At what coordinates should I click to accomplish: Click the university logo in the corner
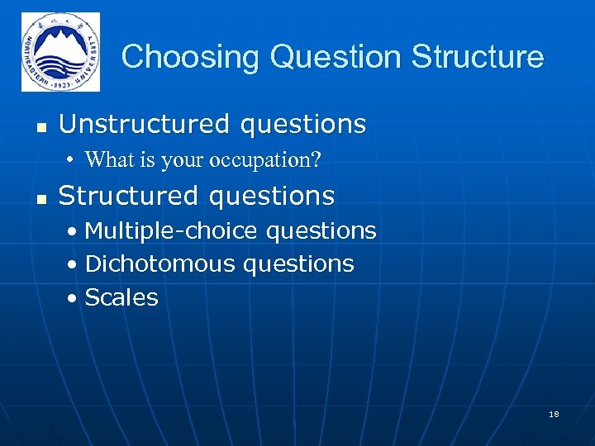click(x=60, y=52)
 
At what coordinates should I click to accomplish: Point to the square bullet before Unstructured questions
click(x=40, y=126)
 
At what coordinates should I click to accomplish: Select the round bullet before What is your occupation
click(x=73, y=160)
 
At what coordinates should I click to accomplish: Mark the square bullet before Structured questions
click(x=40, y=198)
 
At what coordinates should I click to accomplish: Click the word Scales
click(x=121, y=297)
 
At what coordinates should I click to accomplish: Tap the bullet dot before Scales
click(x=74, y=298)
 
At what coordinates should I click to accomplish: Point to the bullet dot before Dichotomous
click(x=74, y=265)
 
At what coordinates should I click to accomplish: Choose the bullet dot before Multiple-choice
click(x=74, y=232)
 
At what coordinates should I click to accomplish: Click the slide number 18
click(x=554, y=414)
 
